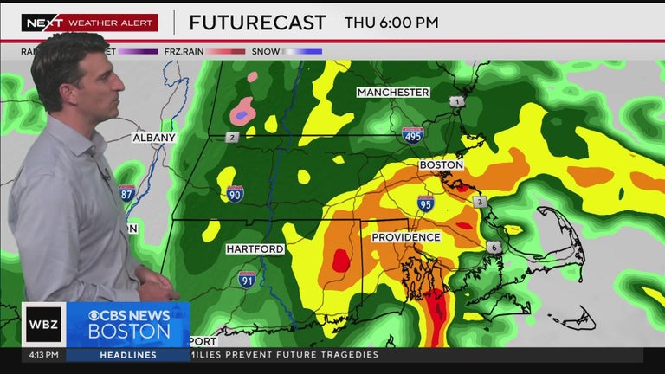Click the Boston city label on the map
(x=442, y=164)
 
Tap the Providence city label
(x=406, y=237)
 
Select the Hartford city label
(x=255, y=249)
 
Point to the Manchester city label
(x=393, y=93)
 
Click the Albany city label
(x=154, y=138)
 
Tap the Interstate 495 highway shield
(x=413, y=134)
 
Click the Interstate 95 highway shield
(x=425, y=204)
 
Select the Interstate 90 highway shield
(x=236, y=193)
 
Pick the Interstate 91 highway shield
(x=248, y=279)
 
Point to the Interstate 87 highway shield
(x=126, y=193)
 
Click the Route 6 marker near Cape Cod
(x=494, y=247)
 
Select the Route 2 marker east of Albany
(x=232, y=137)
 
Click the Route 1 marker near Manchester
(x=456, y=102)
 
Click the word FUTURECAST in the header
(x=257, y=23)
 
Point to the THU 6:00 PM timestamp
(x=391, y=23)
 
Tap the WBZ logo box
(x=43, y=324)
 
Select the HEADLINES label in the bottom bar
(x=127, y=355)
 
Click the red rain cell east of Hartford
(x=341, y=260)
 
